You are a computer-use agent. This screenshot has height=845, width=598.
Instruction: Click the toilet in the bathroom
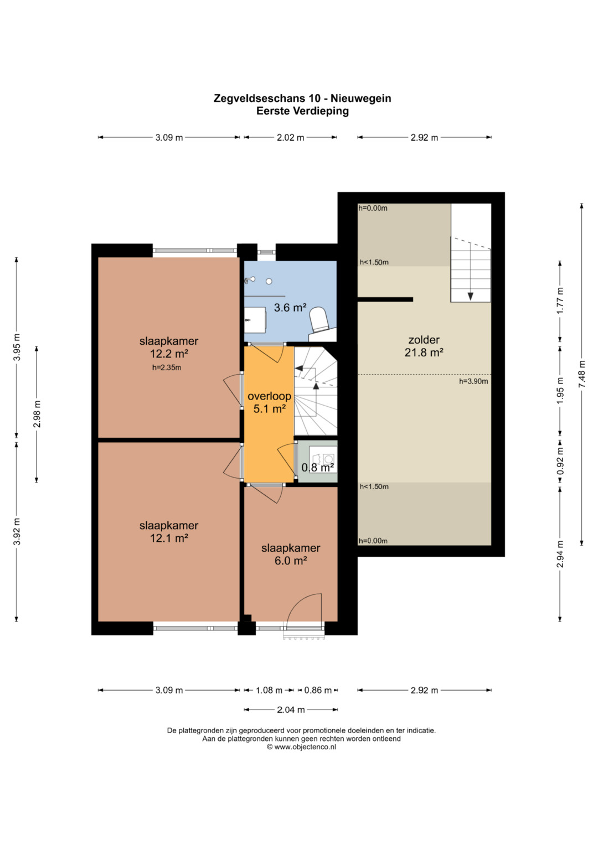[x=319, y=319]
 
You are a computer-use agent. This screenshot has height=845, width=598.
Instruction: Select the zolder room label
[x=424, y=340]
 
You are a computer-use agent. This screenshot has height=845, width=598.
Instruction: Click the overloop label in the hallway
[x=269, y=396]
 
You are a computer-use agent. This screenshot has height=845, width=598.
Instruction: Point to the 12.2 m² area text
[x=169, y=354]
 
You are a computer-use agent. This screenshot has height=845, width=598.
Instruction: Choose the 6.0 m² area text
[x=291, y=561]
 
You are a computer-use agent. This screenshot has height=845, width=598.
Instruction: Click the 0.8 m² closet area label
[x=317, y=468]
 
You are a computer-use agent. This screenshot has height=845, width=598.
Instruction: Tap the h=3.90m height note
[x=473, y=381]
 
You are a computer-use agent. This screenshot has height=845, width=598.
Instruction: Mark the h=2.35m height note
[x=167, y=367]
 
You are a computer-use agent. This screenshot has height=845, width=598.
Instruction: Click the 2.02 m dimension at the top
[x=290, y=138]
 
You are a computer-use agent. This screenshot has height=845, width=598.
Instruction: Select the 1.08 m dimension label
[x=269, y=691]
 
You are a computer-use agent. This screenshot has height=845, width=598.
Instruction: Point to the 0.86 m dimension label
[x=318, y=691]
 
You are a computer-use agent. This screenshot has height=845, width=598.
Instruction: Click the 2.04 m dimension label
[x=291, y=710]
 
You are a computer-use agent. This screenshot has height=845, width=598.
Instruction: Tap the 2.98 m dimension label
[x=37, y=414]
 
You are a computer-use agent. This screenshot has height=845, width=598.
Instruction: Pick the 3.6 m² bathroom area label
[x=290, y=308]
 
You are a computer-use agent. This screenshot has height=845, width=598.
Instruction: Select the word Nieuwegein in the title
[x=361, y=99]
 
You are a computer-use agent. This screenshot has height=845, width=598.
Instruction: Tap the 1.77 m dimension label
[x=560, y=300]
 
